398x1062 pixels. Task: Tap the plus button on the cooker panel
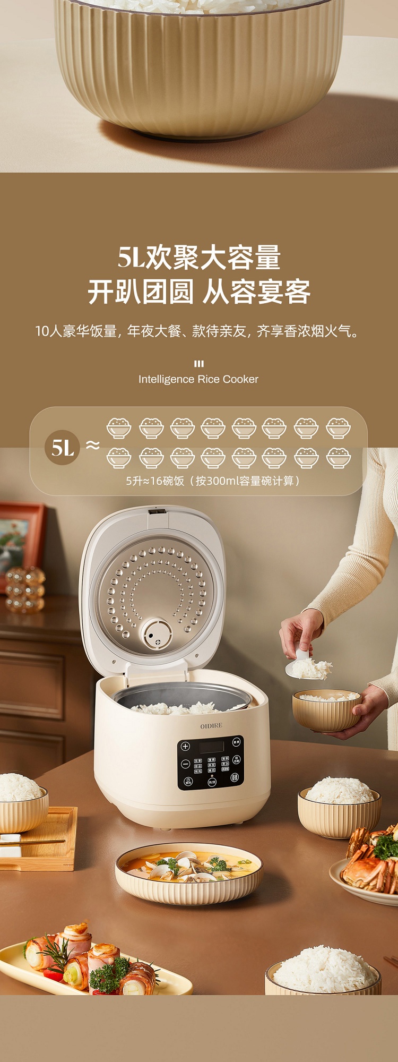[185, 747]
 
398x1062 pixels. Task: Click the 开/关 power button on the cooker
[212, 782]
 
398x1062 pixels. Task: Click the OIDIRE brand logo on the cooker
[211, 725]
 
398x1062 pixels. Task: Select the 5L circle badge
[63, 447]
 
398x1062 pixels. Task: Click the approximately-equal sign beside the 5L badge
[93, 445]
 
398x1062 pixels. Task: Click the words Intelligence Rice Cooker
[198, 379]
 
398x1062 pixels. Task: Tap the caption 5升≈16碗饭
[212, 481]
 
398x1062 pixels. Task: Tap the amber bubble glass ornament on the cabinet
[25, 589]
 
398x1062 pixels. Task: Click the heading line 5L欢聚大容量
[199, 258]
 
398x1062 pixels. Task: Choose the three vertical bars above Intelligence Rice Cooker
[199, 364]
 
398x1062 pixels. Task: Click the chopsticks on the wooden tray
[32, 842]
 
